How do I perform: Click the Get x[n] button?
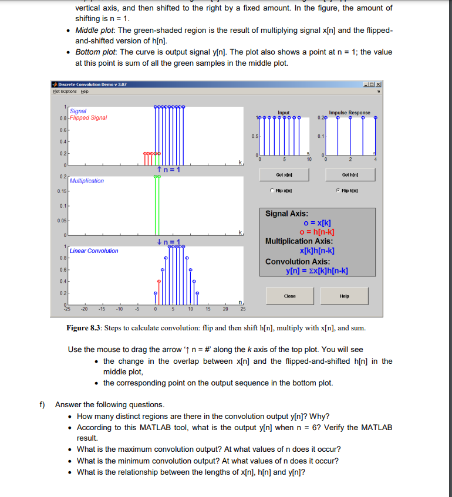(x=284, y=175)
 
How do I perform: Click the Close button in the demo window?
(x=289, y=296)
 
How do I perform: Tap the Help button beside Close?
(x=344, y=296)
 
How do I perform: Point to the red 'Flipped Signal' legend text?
(x=89, y=117)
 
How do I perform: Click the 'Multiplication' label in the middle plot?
(x=87, y=181)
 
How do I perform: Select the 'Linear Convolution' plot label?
(x=94, y=251)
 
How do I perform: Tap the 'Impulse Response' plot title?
(x=349, y=112)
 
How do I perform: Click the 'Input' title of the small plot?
(x=284, y=112)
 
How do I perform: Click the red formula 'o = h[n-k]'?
(x=318, y=232)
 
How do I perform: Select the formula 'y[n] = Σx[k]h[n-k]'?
(x=317, y=271)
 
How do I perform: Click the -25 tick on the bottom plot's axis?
(x=68, y=307)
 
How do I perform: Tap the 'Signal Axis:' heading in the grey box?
(x=287, y=214)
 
